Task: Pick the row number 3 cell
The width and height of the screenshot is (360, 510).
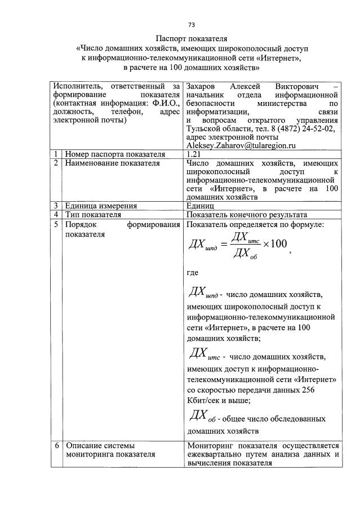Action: click(x=56, y=205)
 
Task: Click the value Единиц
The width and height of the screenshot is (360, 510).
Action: click(x=201, y=205)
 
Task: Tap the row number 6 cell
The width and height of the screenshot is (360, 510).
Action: click(x=56, y=445)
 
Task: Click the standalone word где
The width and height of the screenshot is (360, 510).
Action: click(x=192, y=273)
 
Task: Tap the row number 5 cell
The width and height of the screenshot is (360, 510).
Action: click(x=56, y=224)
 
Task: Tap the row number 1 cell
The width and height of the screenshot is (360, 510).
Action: click(x=56, y=153)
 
